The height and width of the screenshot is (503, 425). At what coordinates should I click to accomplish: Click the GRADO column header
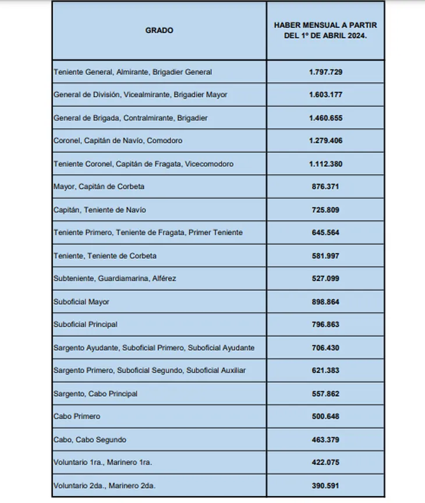[159, 30]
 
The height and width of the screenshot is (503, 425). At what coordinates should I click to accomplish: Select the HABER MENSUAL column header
[325, 30]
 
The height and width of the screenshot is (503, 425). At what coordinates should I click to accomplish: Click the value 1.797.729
[325, 72]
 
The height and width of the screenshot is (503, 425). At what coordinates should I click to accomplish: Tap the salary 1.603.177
[325, 95]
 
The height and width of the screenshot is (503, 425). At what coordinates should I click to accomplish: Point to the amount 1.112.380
[325, 164]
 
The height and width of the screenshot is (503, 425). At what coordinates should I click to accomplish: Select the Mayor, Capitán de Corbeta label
[99, 187]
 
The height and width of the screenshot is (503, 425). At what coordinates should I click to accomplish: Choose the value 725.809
[325, 210]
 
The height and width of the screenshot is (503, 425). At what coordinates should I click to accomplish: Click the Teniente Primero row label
[148, 233]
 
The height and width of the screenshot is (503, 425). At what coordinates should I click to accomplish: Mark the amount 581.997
[325, 256]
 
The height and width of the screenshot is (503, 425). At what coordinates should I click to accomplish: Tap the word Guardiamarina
[120, 279]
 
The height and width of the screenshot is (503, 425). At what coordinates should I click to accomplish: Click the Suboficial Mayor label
[82, 302]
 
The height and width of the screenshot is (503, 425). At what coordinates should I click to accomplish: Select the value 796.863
[325, 324]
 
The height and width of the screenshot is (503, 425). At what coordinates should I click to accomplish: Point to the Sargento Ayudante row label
[154, 348]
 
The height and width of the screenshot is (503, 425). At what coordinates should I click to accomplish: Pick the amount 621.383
[325, 371]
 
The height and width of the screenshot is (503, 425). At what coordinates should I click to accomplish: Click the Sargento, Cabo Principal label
[95, 394]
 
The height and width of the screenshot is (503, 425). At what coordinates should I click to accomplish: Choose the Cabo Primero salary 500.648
[325, 417]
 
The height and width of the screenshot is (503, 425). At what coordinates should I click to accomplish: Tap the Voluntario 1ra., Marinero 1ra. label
[102, 463]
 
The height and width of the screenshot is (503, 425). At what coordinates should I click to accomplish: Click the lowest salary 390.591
[325, 486]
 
